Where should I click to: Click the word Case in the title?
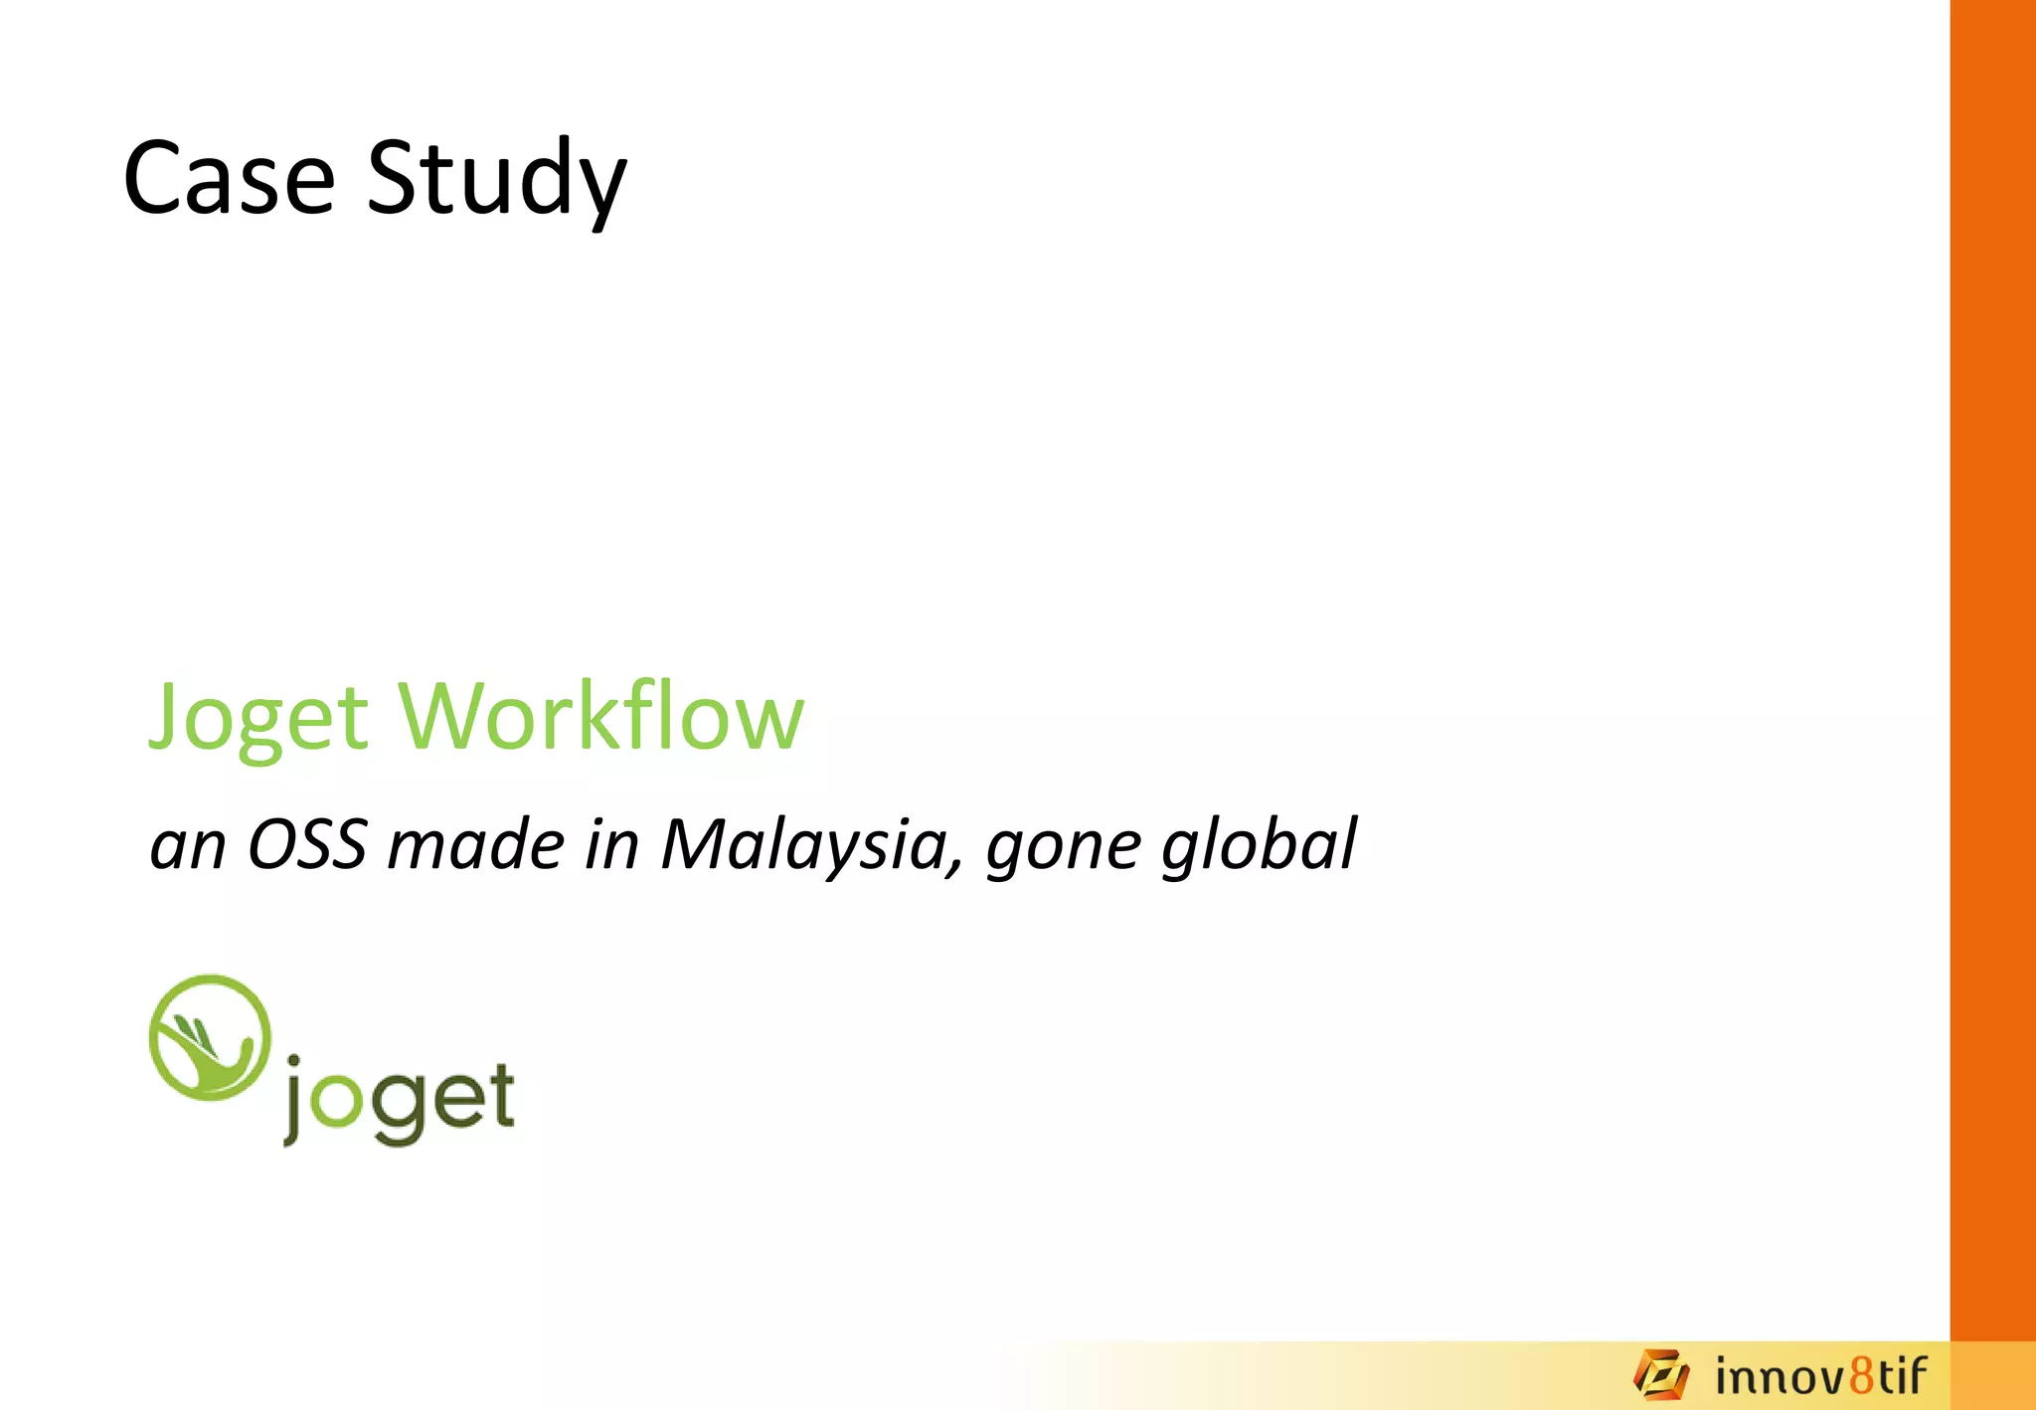tap(230, 179)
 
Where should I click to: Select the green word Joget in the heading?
tap(258, 718)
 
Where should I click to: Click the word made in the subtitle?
tap(476, 845)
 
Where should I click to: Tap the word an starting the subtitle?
tap(188, 847)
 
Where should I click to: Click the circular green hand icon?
tap(210, 1037)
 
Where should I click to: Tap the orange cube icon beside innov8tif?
tap(1661, 1374)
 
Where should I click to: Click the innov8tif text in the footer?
tap(1820, 1377)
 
